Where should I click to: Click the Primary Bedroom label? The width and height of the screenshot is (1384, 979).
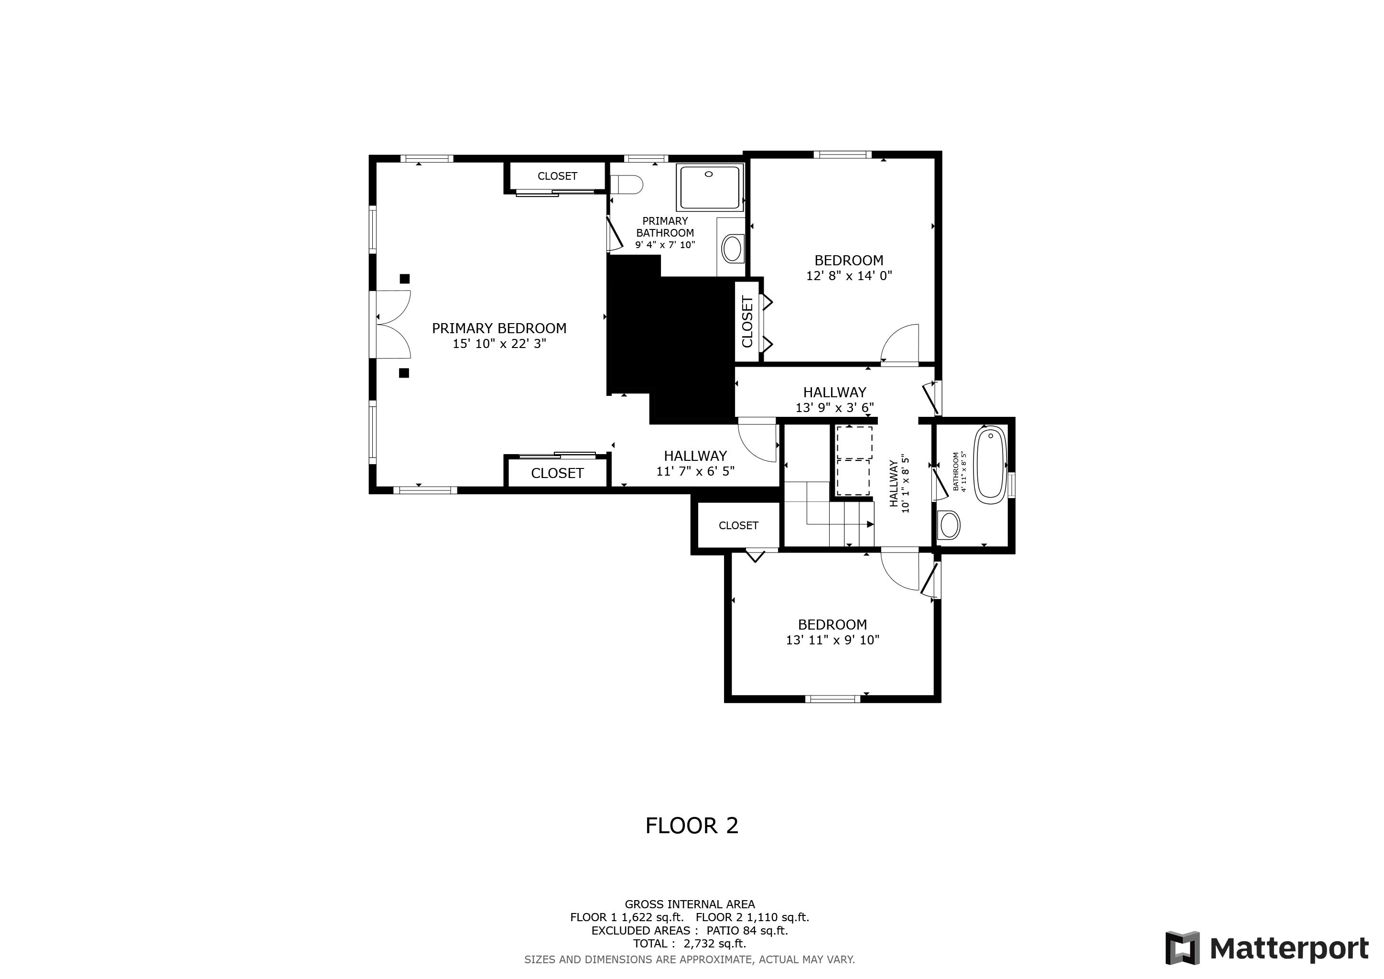[499, 328]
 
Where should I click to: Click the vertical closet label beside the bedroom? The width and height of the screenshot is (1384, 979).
[747, 321]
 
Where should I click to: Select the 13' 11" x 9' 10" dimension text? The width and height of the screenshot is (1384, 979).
[833, 640]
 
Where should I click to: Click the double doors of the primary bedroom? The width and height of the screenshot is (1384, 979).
[393, 324]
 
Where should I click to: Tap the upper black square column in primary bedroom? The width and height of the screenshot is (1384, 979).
[404, 279]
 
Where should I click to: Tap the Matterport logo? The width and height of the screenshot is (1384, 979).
[1266, 948]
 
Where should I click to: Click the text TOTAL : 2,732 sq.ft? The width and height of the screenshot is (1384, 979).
[690, 944]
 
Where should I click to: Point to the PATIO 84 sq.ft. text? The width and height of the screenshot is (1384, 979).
[747, 930]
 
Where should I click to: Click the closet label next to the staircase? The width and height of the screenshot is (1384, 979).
[738, 526]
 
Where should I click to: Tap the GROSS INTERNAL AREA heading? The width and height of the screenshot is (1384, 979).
[690, 904]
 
